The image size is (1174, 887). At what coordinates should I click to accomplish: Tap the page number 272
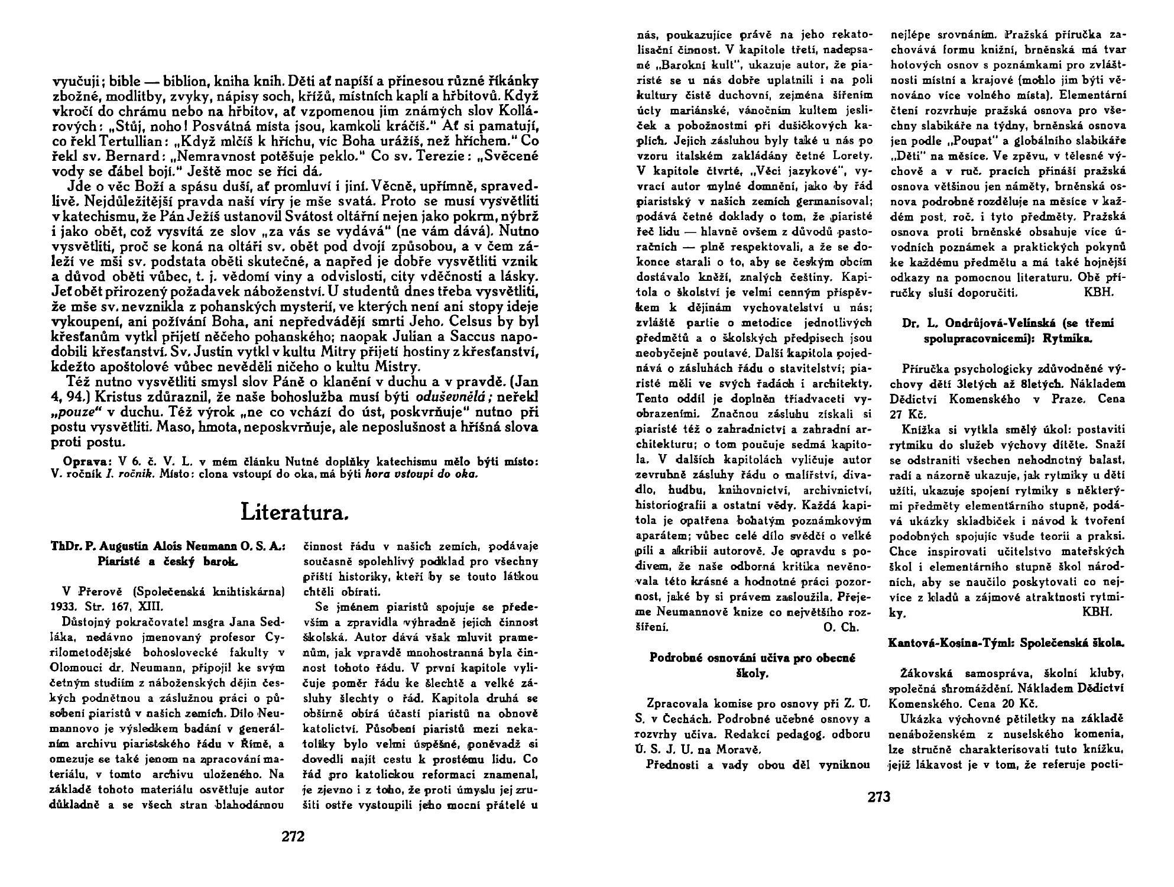point(293,836)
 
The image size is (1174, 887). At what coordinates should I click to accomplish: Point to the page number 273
point(878,797)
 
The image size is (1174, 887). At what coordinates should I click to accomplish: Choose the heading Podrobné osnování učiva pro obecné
point(753,658)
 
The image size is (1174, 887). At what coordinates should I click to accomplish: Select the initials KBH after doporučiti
point(1100,292)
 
